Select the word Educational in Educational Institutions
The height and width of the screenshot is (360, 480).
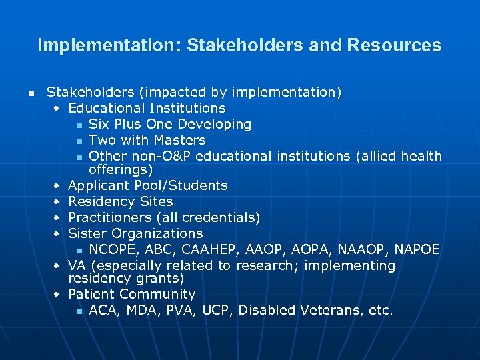(107, 108)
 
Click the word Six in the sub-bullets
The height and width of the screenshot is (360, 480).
(99, 124)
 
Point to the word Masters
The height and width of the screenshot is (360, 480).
(179, 140)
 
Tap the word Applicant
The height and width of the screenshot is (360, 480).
(98, 185)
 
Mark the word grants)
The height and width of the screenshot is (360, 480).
(159, 279)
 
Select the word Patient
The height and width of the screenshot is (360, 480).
(91, 294)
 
